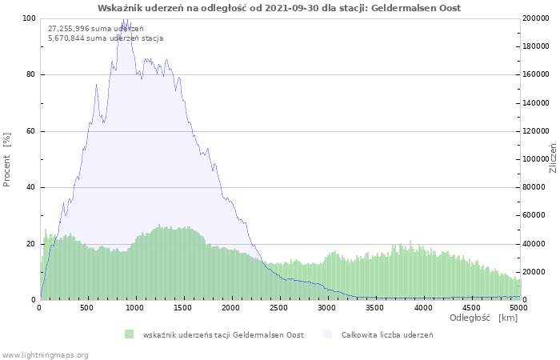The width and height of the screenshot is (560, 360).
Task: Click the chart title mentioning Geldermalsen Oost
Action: (x=279, y=8)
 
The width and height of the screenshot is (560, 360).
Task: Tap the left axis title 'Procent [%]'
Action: (x=7, y=159)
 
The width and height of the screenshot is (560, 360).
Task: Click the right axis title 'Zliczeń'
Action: (x=552, y=158)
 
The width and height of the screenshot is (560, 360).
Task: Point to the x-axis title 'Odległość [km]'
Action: (x=483, y=318)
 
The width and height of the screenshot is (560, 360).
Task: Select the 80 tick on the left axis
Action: (x=30, y=74)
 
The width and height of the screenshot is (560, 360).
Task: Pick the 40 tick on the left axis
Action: (x=30, y=187)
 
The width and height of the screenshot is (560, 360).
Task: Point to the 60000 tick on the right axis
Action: (x=534, y=215)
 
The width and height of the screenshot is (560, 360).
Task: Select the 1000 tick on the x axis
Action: (x=135, y=307)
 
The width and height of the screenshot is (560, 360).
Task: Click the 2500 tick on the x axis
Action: (x=279, y=307)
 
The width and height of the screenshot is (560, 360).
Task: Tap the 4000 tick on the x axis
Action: (x=422, y=307)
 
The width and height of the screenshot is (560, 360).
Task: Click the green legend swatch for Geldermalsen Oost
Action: (x=129, y=334)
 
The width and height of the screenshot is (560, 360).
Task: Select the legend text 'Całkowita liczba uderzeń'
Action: (x=386, y=334)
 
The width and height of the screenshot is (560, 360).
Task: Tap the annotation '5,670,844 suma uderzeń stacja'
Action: (x=106, y=38)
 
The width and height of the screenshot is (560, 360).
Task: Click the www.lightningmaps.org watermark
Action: (x=45, y=354)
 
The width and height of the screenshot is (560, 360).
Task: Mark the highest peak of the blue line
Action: (x=125, y=18)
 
